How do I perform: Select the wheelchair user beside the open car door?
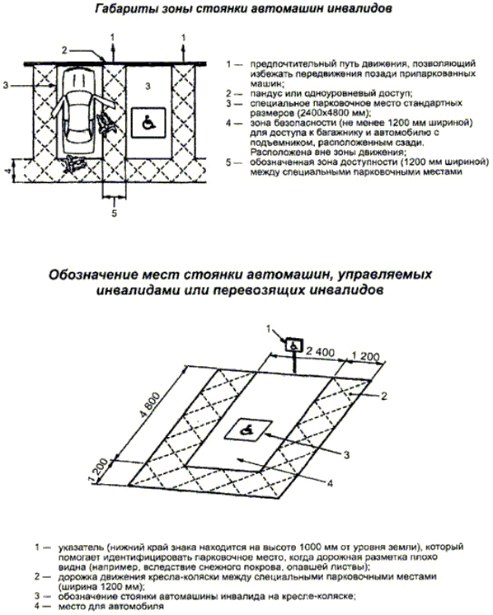(106, 124)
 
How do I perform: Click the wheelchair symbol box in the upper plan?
(148, 123)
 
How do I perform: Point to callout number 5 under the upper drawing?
(114, 214)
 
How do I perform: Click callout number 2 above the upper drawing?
(64, 49)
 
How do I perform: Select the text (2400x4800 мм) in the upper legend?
(327, 113)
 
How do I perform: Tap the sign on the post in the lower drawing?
(293, 345)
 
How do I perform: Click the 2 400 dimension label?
(320, 352)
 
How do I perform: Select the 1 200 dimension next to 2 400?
(364, 356)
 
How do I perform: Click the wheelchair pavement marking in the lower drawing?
(248, 429)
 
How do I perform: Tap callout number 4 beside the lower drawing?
(330, 483)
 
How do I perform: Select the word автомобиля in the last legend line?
(143, 607)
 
